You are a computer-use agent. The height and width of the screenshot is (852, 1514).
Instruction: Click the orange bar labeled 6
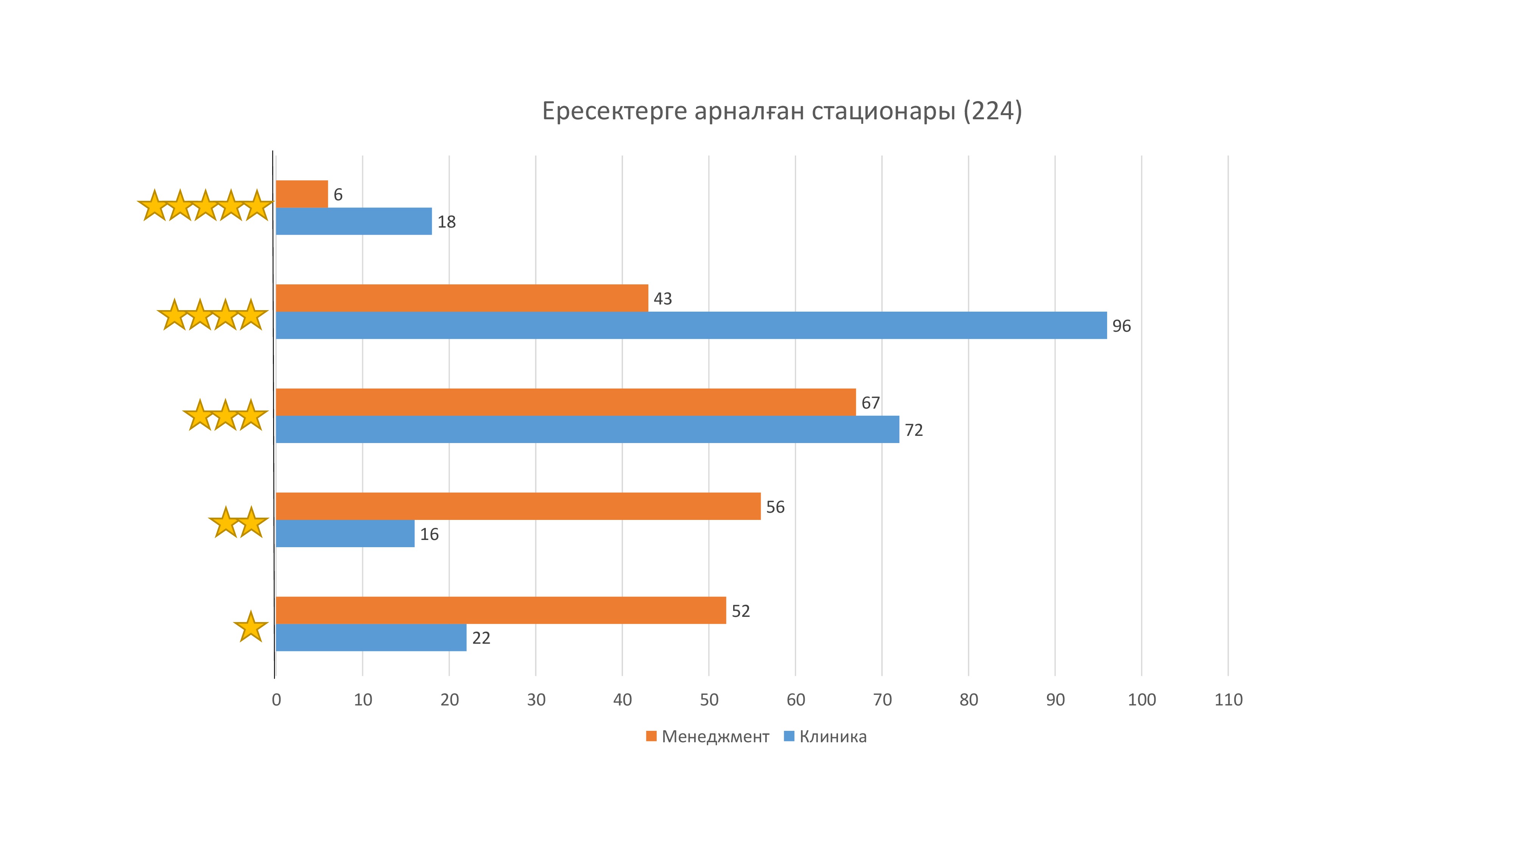pyautogui.click(x=302, y=194)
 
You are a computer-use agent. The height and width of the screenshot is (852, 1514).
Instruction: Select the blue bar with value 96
pyautogui.click(x=691, y=325)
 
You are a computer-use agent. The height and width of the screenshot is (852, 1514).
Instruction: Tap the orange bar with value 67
pyautogui.click(x=565, y=402)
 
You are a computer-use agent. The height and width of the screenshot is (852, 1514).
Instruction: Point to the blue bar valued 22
pyautogui.click(x=371, y=637)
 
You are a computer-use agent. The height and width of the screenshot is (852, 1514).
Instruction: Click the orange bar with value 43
pyautogui.click(x=462, y=298)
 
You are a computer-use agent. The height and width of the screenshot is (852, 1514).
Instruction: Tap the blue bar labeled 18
pyautogui.click(x=354, y=221)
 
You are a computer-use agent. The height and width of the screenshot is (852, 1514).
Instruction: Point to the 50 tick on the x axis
pyautogui.click(x=709, y=700)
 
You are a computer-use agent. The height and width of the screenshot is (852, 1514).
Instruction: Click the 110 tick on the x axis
pyautogui.click(x=1228, y=700)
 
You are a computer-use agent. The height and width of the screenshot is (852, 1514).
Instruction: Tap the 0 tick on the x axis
pyautogui.click(x=276, y=700)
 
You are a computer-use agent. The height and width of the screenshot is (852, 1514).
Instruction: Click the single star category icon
pyautogui.click(x=251, y=626)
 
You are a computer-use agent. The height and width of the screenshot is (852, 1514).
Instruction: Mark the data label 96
pyautogui.click(x=1121, y=326)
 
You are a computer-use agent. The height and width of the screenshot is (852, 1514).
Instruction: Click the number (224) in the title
pyautogui.click(x=993, y=111)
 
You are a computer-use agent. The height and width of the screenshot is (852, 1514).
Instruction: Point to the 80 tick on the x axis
pyautogui.click(x=969, y=700)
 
